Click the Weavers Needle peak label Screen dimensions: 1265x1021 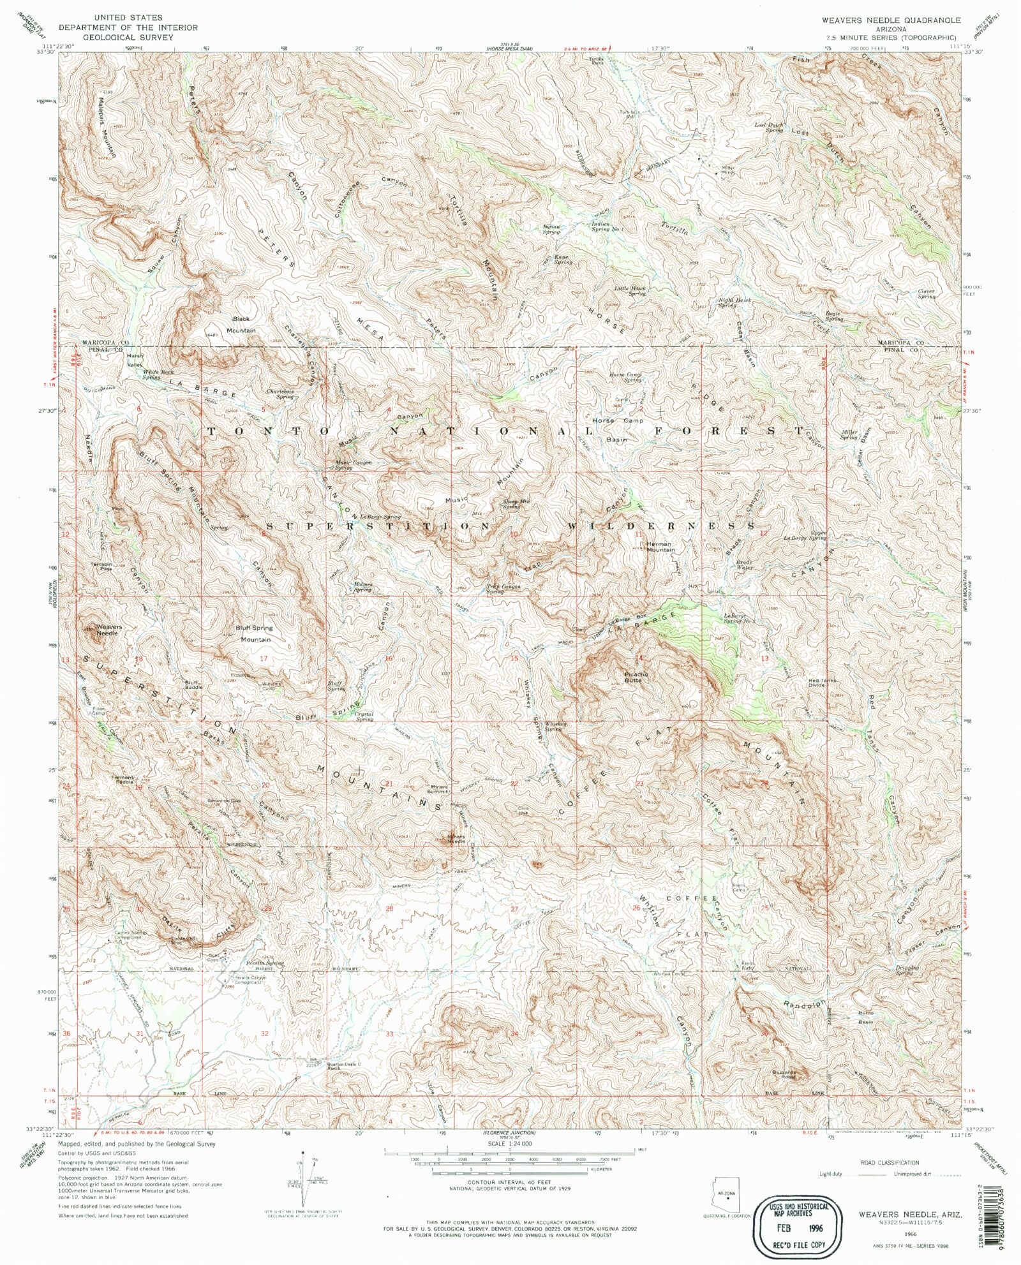pyautogui.click(x=108, y=630)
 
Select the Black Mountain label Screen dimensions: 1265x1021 pyautogui.click(x=241, y=325)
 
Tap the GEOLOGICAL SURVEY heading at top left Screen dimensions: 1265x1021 pyautogui.click(x=128, y=38)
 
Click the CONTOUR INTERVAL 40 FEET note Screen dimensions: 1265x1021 pyautogui.click(x=509, y=1182)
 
